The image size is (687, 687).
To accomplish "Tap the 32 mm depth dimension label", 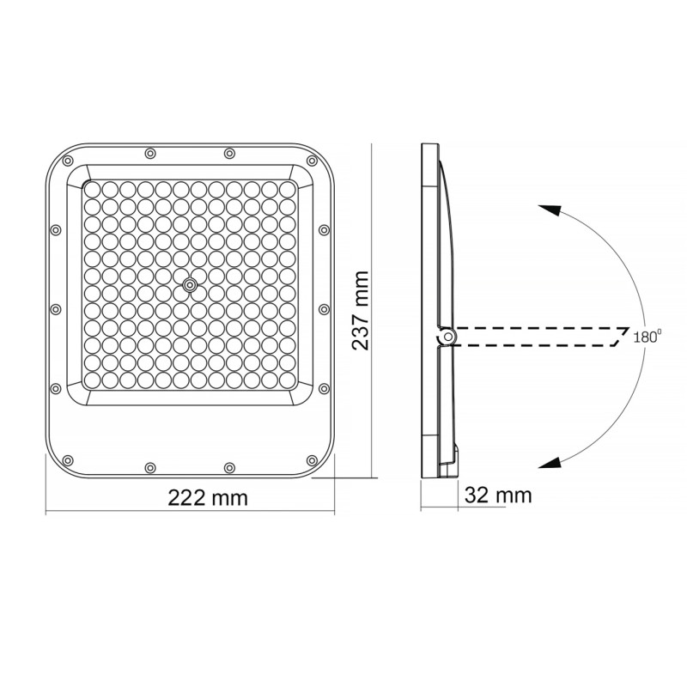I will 498,495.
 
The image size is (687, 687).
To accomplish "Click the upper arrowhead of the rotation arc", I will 550,212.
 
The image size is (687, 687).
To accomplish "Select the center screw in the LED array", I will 190,283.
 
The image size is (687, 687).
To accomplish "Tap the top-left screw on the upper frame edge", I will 150,154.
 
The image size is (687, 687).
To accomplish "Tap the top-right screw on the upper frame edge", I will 229,154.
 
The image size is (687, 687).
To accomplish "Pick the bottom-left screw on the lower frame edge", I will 150,466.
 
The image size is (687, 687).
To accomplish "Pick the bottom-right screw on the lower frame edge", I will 229,466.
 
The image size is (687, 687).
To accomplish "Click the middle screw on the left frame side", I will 56,309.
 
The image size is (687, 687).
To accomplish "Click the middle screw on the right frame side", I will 324,309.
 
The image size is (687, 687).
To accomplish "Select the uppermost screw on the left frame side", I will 56,230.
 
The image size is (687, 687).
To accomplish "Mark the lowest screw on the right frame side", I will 324,388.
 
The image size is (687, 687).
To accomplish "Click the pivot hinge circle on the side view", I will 446,338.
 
